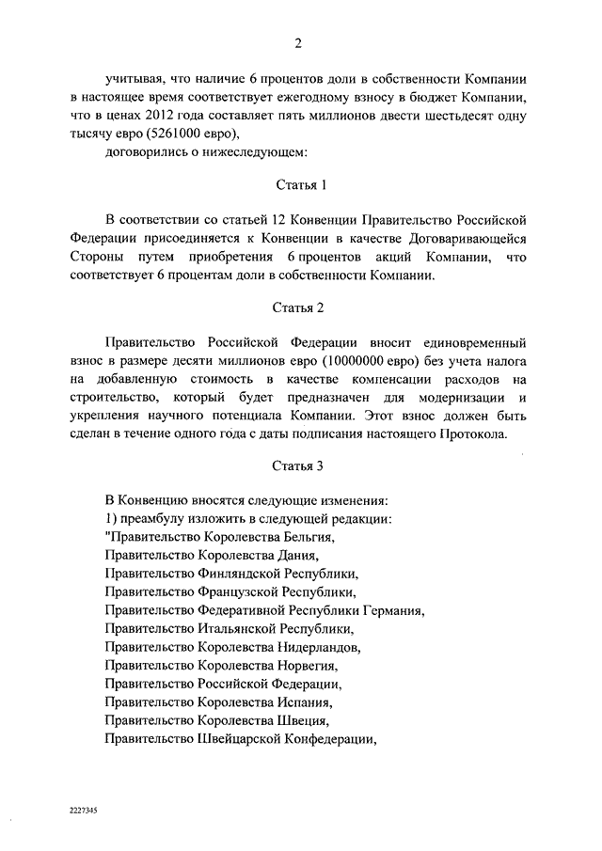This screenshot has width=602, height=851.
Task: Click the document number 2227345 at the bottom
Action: (x=84, y=808)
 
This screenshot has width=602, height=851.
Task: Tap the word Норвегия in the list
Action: (x=308, y=665)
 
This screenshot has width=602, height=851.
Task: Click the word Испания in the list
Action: (x=306, y=701)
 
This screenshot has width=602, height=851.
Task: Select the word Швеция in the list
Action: (x=302, y=719)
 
